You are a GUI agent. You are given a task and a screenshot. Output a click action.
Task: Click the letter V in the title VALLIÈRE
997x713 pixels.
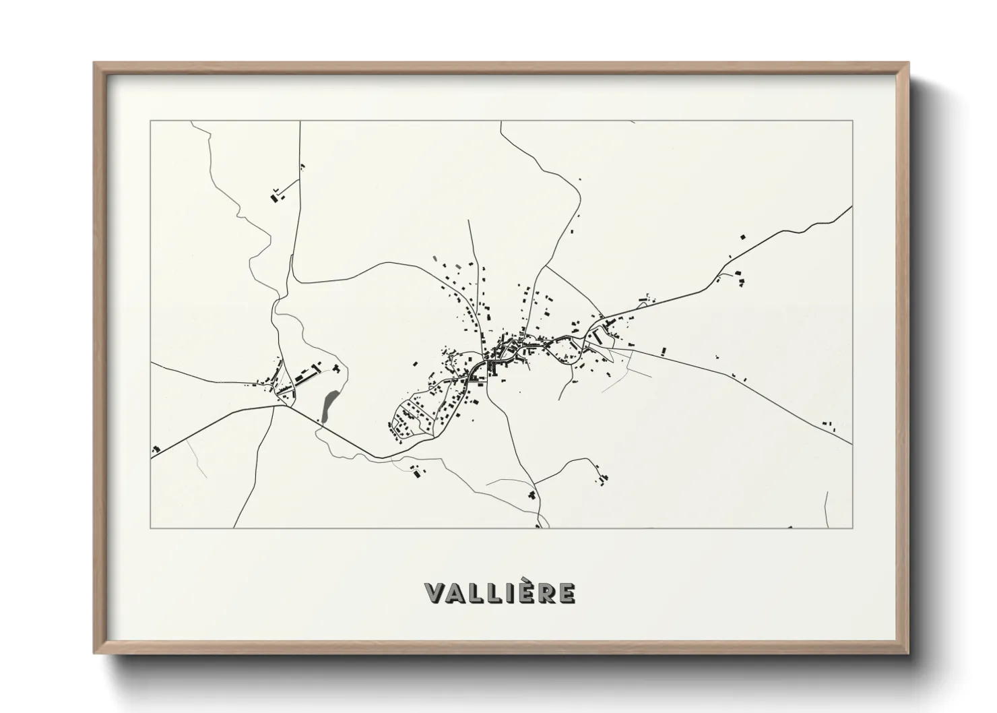tap(435, 593)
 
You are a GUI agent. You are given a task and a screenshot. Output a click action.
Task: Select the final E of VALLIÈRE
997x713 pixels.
tap(567, 593)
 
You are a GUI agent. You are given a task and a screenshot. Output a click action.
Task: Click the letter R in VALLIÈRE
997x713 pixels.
tap(546, 593)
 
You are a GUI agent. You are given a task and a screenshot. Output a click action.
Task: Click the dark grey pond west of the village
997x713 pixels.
tap(329, 407)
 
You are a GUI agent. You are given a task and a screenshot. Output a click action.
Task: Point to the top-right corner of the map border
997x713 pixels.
tap(852, 121)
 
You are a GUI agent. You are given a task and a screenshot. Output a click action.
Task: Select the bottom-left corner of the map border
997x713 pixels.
tap(151, 528)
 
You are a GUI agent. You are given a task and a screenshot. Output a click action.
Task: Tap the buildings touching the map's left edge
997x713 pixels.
tap(156, 449)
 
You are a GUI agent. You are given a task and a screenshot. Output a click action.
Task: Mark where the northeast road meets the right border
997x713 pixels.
tap(851, 208)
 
